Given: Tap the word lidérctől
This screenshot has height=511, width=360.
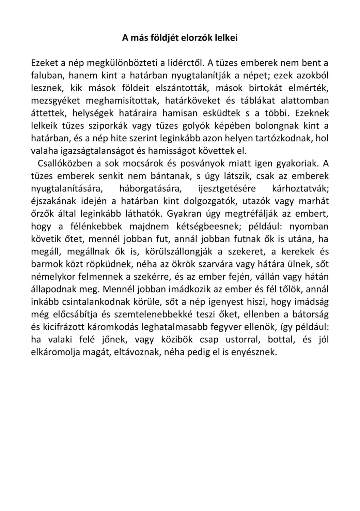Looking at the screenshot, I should click(x=186, y=63).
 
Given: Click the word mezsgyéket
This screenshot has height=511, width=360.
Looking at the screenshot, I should click(x=56, y=100).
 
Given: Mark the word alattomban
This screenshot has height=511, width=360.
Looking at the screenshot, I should click(x=304, y=100).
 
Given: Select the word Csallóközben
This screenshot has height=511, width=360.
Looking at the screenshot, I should click(x=65, y=164).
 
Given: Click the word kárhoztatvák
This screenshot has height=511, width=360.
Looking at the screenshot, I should click(x=300, y=188).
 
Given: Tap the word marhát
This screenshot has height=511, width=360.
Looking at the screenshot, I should click(x=314, y=201).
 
